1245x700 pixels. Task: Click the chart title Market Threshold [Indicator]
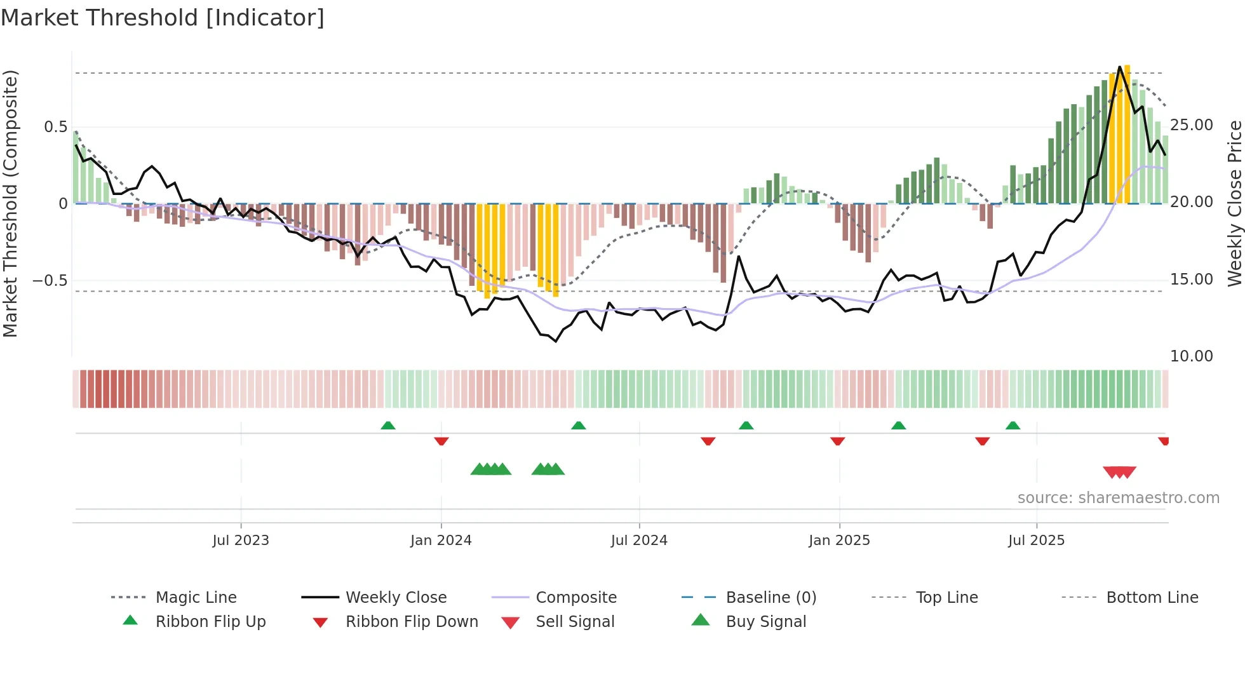163,18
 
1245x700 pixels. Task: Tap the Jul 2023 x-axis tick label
241,541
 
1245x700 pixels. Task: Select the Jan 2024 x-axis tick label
441,541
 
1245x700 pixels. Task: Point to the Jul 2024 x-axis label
639,541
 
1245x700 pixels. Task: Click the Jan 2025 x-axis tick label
839,541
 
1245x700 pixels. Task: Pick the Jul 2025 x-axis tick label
1036,541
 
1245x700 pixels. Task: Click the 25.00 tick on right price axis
1192,125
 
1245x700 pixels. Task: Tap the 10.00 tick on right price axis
1192,356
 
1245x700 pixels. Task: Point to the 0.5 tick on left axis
55,127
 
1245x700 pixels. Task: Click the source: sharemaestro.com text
1118,498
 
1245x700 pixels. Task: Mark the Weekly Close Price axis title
1234,203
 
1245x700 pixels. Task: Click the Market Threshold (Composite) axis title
11,203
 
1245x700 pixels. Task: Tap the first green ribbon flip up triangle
388,426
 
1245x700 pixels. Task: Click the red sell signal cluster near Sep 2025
1119,472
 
